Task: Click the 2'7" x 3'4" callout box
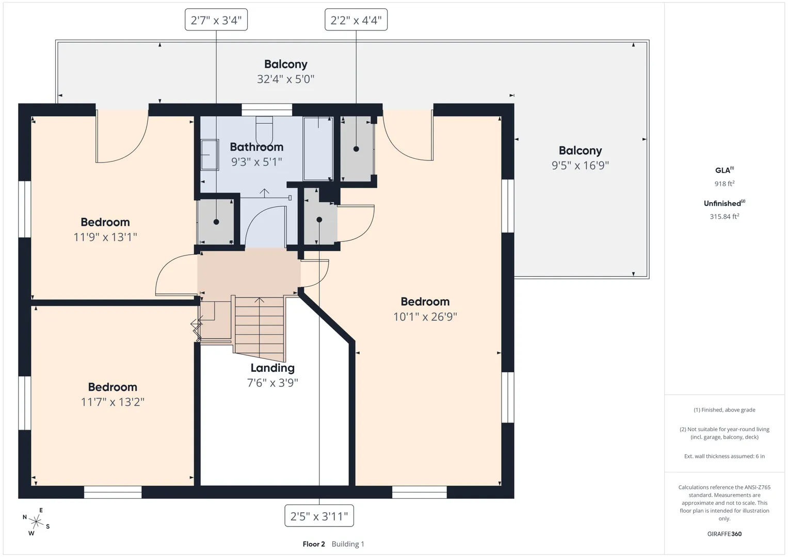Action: (x=216, y=20)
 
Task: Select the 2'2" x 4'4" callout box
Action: (x=356, y=20)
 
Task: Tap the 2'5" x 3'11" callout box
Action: (x=319, y=516)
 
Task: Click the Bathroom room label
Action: (x=256, y=147)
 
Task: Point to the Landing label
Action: (x=272, y=368)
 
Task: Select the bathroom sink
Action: (x=210, y=155)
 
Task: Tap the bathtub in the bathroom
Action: (x=318, y=149)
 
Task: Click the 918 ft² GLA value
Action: (x=725, y=184)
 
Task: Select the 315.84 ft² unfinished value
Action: (x=725, y=217)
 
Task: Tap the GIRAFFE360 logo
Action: (x=725, y=534)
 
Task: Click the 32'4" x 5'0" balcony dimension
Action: (x=285, y=79)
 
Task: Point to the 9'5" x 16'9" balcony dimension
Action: (x=580, y=165)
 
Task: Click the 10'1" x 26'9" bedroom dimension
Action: (x=425, y=317)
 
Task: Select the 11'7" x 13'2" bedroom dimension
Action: (x=112, y=402)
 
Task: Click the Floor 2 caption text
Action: (x=314, y=544)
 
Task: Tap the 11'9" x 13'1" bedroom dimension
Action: (x=105, y=237)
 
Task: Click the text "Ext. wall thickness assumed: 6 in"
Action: (x=725, y=456)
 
